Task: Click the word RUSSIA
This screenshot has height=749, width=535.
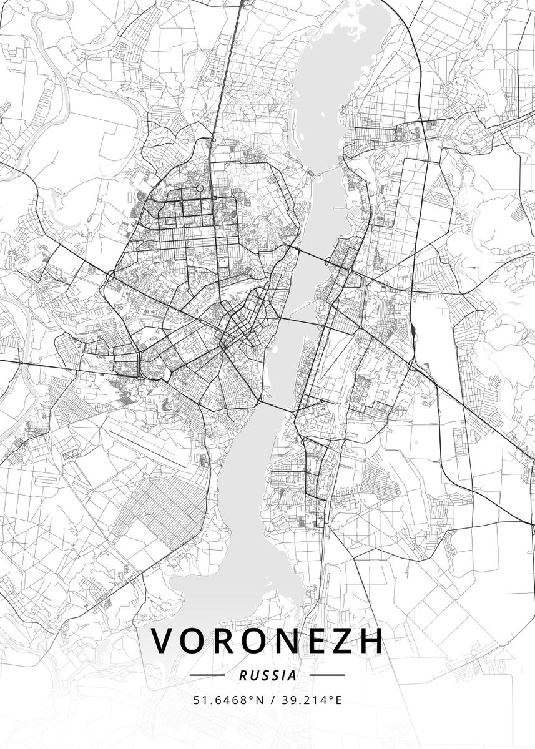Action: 267,675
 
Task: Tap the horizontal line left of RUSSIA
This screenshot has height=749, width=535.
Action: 207,675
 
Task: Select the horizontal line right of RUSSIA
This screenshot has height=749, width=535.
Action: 327,675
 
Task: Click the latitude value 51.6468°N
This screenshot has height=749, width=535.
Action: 225,700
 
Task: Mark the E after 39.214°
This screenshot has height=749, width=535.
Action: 338,700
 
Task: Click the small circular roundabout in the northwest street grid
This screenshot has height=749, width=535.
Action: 200,188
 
